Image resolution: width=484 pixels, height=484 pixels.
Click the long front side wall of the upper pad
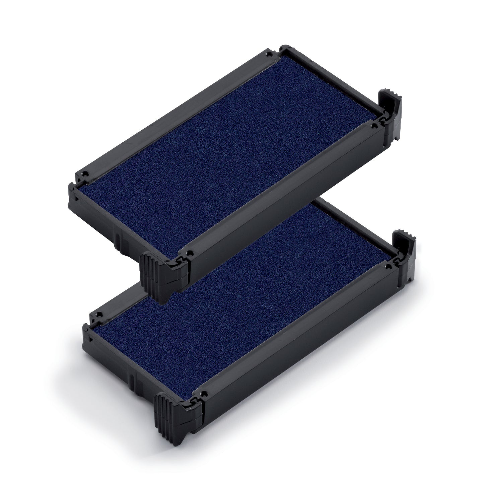click(x=285, y=214)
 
